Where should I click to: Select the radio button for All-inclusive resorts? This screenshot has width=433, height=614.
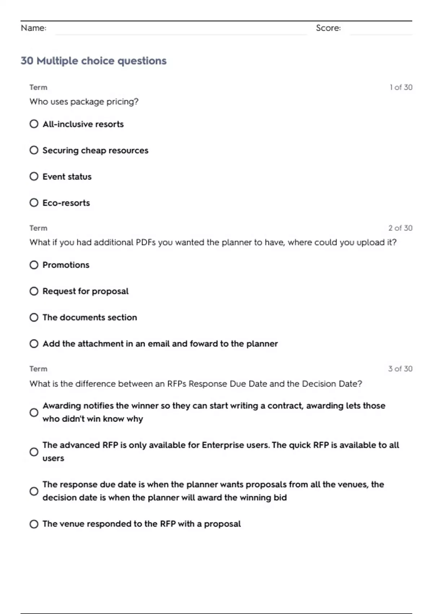click(34, 124)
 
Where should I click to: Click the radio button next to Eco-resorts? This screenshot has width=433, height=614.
click(34, 203)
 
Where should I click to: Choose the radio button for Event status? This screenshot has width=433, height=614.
click(34, 176)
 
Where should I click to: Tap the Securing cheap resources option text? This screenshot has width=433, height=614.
click(95, 150)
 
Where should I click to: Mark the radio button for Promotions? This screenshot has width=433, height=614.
click(34, 265)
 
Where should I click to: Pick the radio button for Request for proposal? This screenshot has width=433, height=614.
click(34, 291)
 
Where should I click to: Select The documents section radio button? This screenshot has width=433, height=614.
click(34, 317)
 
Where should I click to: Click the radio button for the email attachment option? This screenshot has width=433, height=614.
click(34, 343)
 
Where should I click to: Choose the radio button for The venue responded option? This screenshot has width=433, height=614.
click(34, 524)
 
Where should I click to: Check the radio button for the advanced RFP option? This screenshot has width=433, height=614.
click(34, 452)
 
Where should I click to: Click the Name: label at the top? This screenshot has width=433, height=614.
click(34, 28)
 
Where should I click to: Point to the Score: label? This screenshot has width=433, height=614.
click(328, 28)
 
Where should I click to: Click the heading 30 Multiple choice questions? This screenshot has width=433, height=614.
click(93, 61)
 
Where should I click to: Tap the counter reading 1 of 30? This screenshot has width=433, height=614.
click(401, 87)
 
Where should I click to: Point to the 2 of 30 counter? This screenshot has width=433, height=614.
click(400, 228)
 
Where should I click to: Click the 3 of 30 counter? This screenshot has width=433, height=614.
click(400, 369)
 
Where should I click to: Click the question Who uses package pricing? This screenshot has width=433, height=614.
click(84, 101)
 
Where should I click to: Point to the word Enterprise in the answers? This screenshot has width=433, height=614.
click(223, 445)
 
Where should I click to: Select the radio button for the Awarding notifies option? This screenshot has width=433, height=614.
click(34, 412)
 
